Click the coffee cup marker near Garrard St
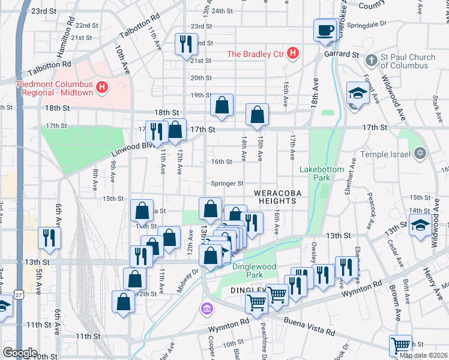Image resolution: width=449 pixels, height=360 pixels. (325, 30)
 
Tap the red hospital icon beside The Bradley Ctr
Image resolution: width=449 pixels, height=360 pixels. (292, 54)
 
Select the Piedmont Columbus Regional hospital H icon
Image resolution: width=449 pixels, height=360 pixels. (101, 88)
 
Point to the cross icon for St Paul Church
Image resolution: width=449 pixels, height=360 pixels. (372, 61)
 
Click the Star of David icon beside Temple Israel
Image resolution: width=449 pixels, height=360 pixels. (420, 154)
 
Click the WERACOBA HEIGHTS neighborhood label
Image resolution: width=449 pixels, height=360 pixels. (276, 197)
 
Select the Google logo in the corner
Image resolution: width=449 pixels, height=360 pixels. (20, 352)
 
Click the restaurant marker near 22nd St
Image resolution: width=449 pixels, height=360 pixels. (185, 43)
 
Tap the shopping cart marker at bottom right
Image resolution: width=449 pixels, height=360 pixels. (400, 346)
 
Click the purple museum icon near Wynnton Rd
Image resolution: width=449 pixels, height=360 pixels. (206, 308)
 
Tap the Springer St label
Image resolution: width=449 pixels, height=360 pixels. (227, 184)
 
